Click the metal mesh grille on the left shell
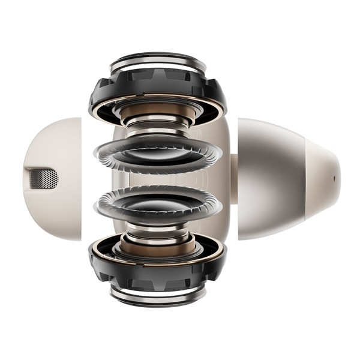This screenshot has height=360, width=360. click(x=44, y=178)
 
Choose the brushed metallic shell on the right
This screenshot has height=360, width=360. click(x=270, y=179)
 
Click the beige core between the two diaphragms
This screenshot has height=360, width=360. click(x=157, y=179)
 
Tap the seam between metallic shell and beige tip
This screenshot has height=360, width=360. click(x=305, y=179)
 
